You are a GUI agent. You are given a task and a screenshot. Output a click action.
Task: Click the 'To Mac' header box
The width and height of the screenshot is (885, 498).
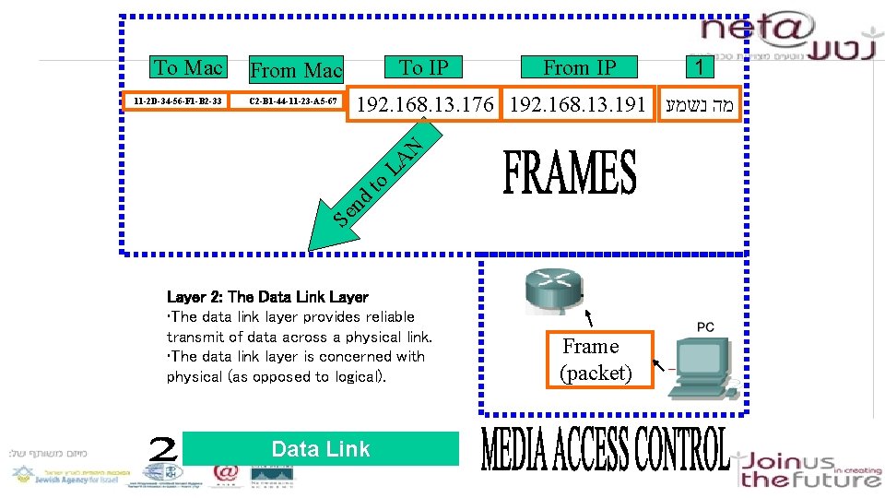tap(189, 67)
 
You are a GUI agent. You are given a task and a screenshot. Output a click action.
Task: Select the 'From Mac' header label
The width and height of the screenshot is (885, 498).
tap(296, 70)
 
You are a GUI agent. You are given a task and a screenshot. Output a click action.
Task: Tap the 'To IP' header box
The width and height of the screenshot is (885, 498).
tap(424, 67)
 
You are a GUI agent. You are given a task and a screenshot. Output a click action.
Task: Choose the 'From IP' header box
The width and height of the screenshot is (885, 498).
tap(579, 67)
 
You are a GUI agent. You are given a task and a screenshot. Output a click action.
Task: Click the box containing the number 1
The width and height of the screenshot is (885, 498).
tap(700, 67)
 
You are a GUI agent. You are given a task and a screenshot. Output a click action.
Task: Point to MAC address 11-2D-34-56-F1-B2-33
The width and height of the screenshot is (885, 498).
tap(177, 100)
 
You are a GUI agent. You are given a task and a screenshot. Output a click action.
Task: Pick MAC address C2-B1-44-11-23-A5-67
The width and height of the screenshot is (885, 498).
tap(293, 100)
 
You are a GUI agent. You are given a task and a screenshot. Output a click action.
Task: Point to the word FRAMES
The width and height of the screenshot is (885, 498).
tap(570, 173)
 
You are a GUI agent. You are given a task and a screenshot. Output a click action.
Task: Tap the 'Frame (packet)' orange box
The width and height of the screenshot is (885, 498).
tap(596, 360)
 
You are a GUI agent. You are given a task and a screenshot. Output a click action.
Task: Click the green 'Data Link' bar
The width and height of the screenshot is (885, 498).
tap(321, 449)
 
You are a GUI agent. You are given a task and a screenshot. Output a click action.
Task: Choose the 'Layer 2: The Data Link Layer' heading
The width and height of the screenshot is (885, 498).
tap(267, 297)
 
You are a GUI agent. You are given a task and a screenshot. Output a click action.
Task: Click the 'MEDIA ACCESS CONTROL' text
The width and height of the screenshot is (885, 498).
tap(605, 449)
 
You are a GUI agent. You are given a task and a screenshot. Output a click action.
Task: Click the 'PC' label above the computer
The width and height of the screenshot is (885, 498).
tap(705, 327)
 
